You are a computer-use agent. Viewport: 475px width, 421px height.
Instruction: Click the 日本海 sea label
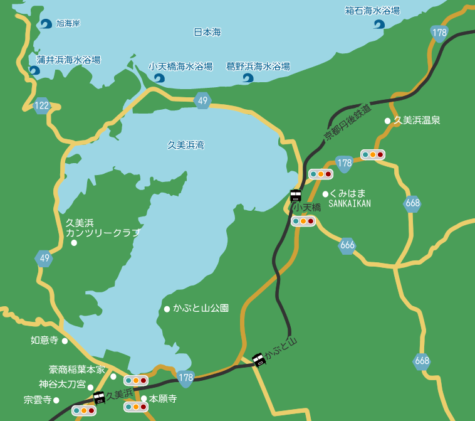point(207,32)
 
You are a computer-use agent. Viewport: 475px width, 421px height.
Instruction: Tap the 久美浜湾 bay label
point(185,145)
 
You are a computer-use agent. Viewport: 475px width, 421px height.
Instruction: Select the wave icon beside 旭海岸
point(46,24)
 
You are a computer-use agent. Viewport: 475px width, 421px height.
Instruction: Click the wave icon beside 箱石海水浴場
point(379,24)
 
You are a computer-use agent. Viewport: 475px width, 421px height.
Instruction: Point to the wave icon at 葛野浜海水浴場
point(248,78)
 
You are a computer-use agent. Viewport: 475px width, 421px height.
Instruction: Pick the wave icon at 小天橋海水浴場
point(159,78)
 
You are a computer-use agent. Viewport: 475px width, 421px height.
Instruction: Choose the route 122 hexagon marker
point(42,105)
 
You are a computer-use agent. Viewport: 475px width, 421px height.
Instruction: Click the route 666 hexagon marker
point(347,245)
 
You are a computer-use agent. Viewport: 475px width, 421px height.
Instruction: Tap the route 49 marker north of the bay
point(202,100)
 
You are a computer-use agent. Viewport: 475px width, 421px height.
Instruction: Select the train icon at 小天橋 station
point(295,195)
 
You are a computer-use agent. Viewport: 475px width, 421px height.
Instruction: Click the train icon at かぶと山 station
point(258,360)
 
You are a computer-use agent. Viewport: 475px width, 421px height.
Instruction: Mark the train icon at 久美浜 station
point(98,397)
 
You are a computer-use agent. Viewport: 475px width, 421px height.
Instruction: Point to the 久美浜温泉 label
point(417,120)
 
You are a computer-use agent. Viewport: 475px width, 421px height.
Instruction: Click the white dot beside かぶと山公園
point(167,309)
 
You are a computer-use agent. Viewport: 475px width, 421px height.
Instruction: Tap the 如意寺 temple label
point(44,340)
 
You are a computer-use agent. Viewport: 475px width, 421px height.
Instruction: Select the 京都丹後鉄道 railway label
point(348,122)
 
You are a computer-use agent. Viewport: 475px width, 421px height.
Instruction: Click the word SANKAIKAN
point(350,203)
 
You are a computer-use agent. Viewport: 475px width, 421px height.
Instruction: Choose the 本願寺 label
point(163,398)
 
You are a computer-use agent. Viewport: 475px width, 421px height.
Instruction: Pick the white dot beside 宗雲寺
point(56,400)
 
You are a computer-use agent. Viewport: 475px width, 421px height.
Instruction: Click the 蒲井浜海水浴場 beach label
point(68,60)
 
